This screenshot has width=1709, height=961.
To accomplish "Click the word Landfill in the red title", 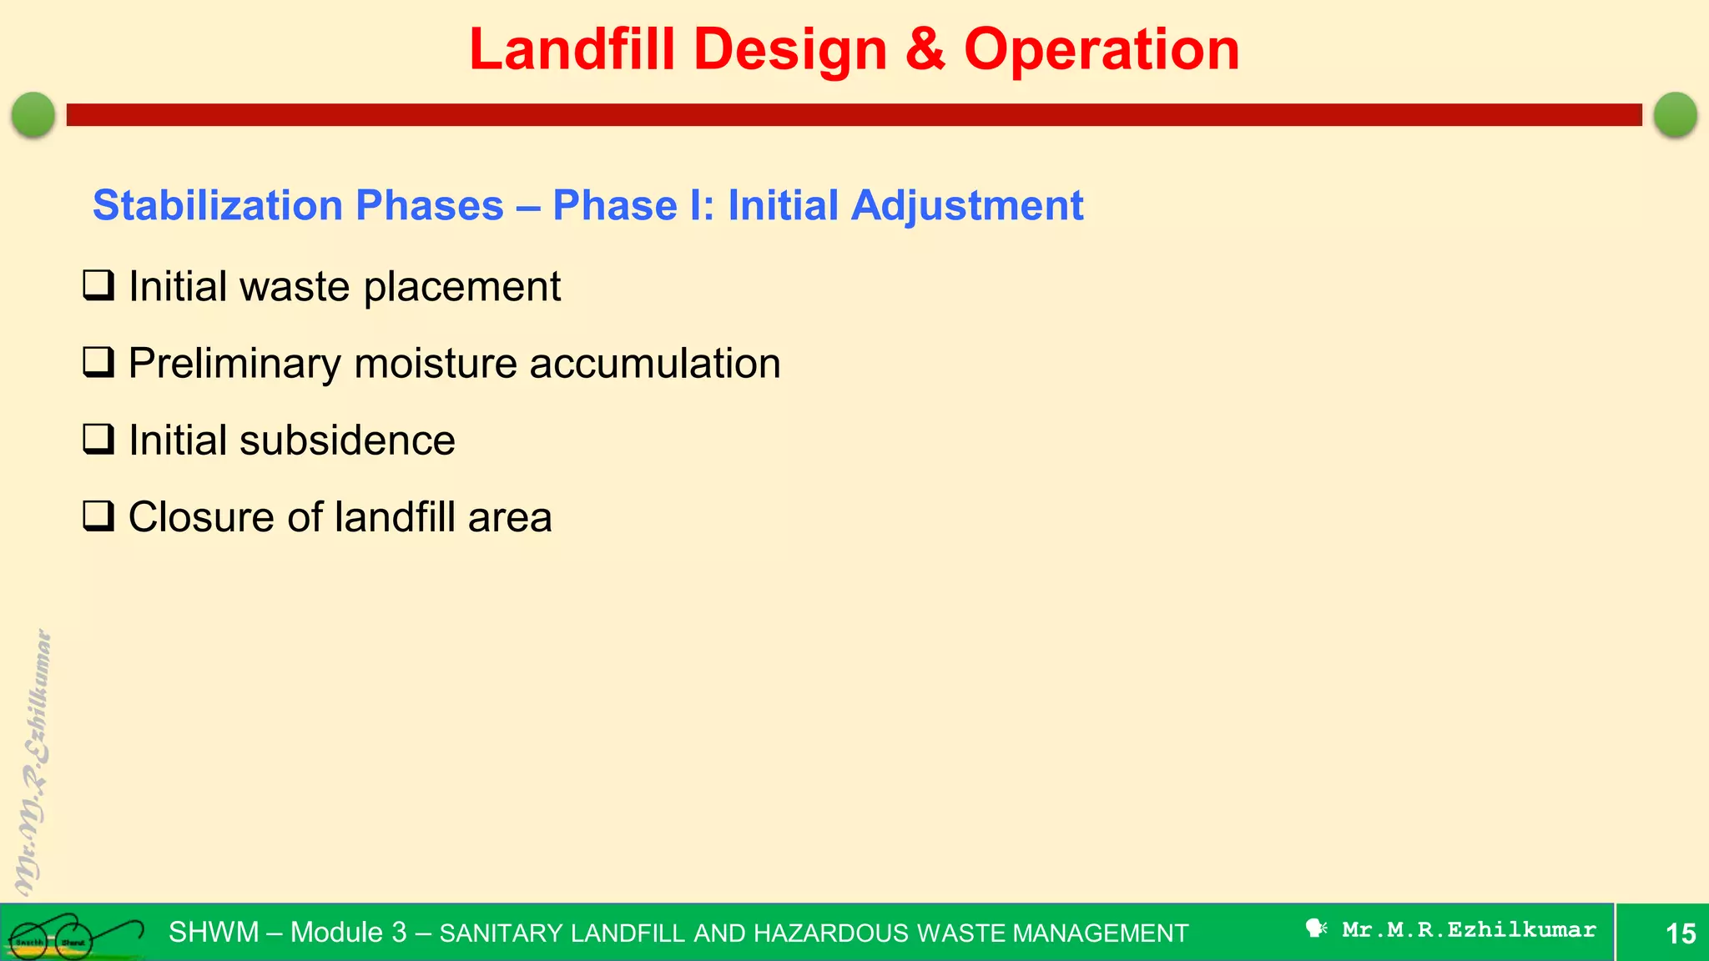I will tap(572, 50).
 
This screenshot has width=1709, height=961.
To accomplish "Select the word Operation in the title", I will tap(1102, 50).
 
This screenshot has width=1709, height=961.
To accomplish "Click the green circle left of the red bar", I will tap(33, 114).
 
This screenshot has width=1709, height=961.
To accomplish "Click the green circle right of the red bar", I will tap(1675, 114).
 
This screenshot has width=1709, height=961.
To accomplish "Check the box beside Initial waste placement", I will tap(98, 285).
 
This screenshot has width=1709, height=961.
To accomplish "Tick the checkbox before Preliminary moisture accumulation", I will tap(98, 362).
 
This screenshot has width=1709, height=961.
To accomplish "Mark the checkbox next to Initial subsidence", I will tap(98, 439).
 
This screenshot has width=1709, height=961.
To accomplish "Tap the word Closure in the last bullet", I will tap(203, 517).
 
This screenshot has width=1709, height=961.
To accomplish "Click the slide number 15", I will tap(1680, 933).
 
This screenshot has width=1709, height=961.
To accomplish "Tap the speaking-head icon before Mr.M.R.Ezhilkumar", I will tap(1316, 928).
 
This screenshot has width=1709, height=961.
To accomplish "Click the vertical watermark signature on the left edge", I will tap(33, 763).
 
